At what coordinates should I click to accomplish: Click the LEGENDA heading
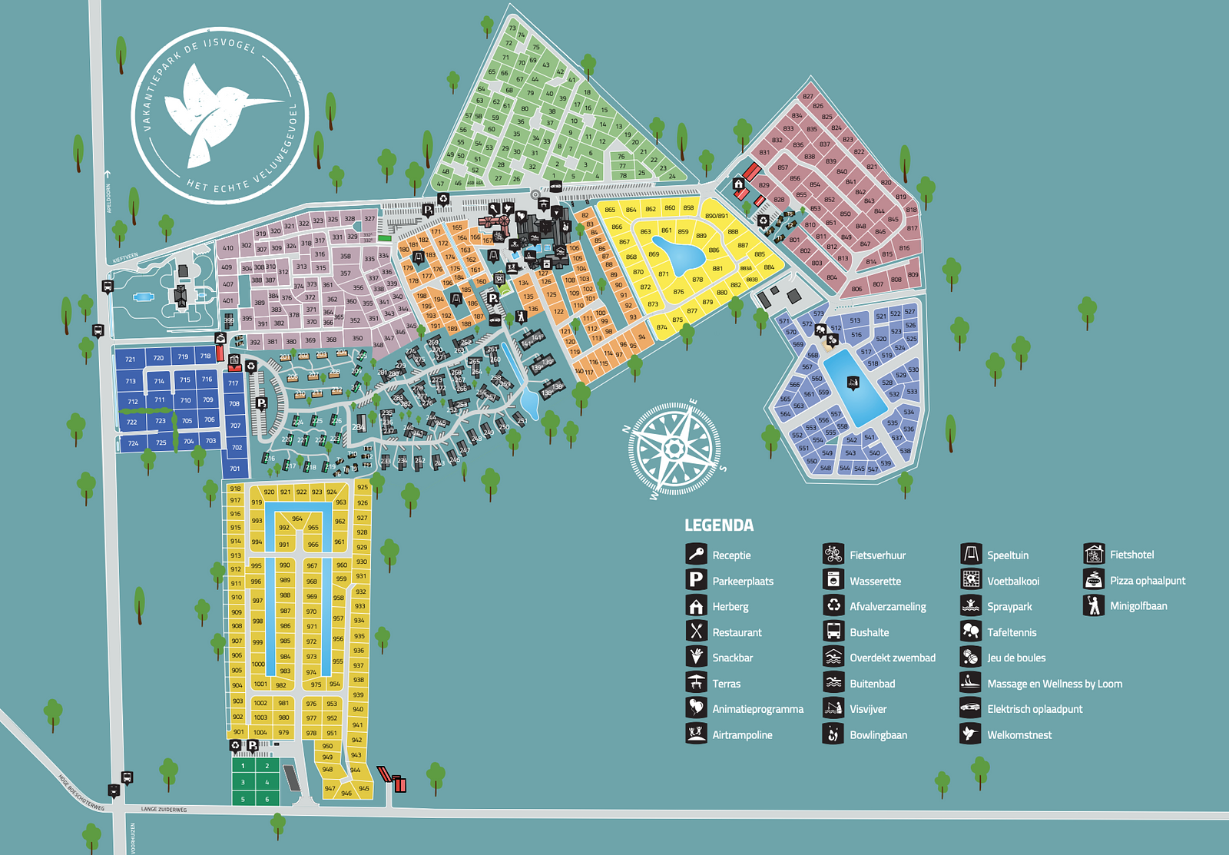coord(719,525)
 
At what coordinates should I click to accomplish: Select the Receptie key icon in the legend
coord(696,554)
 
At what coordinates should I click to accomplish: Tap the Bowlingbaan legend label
coord(878,735)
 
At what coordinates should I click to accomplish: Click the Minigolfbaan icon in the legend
coord(1094,605)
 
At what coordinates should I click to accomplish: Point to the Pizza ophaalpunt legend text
coord(1147,581)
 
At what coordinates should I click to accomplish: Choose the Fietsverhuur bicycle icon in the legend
coord(833,554)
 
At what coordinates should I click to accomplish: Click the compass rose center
coord(674,448)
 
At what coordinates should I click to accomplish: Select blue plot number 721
coord(131,359)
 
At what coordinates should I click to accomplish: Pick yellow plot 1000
coord(258,664)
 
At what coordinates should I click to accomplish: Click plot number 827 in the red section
coord(807,97)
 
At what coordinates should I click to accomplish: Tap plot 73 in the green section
coord(512,28)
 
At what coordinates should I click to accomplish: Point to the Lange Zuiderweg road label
coord(164,810)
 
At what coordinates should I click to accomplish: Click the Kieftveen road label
coord(125,258)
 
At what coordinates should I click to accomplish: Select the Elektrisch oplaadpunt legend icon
coord(971,708)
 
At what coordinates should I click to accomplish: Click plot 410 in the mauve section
coord(228,248)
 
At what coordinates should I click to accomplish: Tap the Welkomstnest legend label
coord(1019,735)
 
